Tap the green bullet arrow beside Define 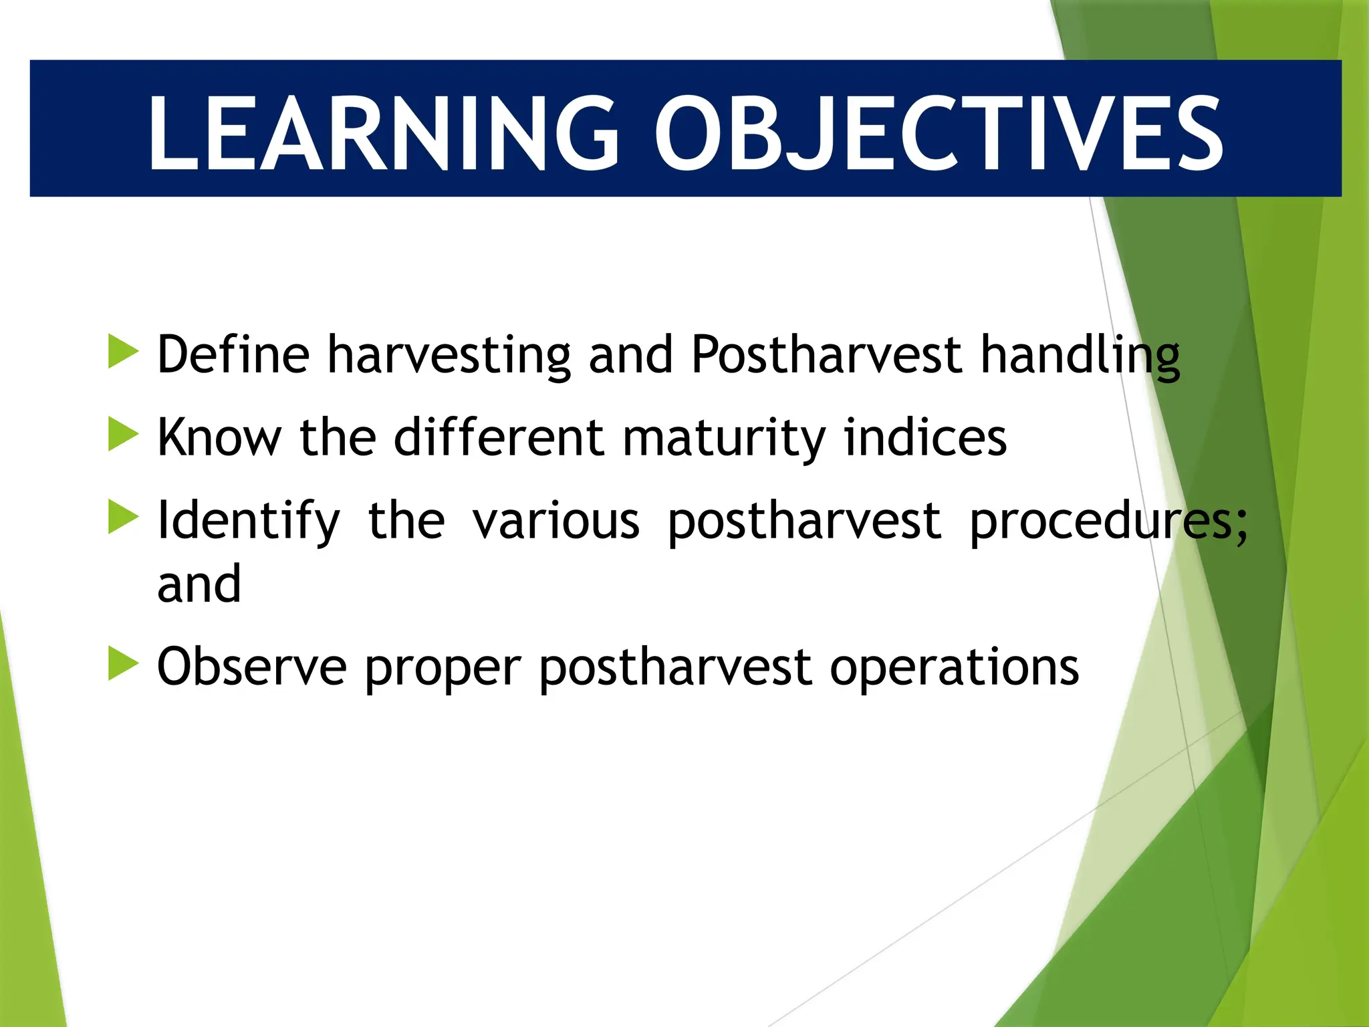tap(122, 352)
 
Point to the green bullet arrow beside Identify tap(122, 518)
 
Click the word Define tap(233, 354)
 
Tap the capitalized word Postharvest tap(826, 354)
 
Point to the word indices tap(925, 437)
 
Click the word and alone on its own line tap(199, 584)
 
